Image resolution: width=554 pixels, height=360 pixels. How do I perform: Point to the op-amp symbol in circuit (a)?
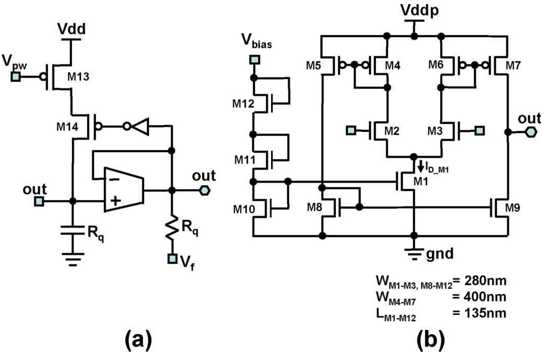tap(123, 189)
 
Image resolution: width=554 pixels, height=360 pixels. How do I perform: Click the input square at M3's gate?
tap(480, 129)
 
